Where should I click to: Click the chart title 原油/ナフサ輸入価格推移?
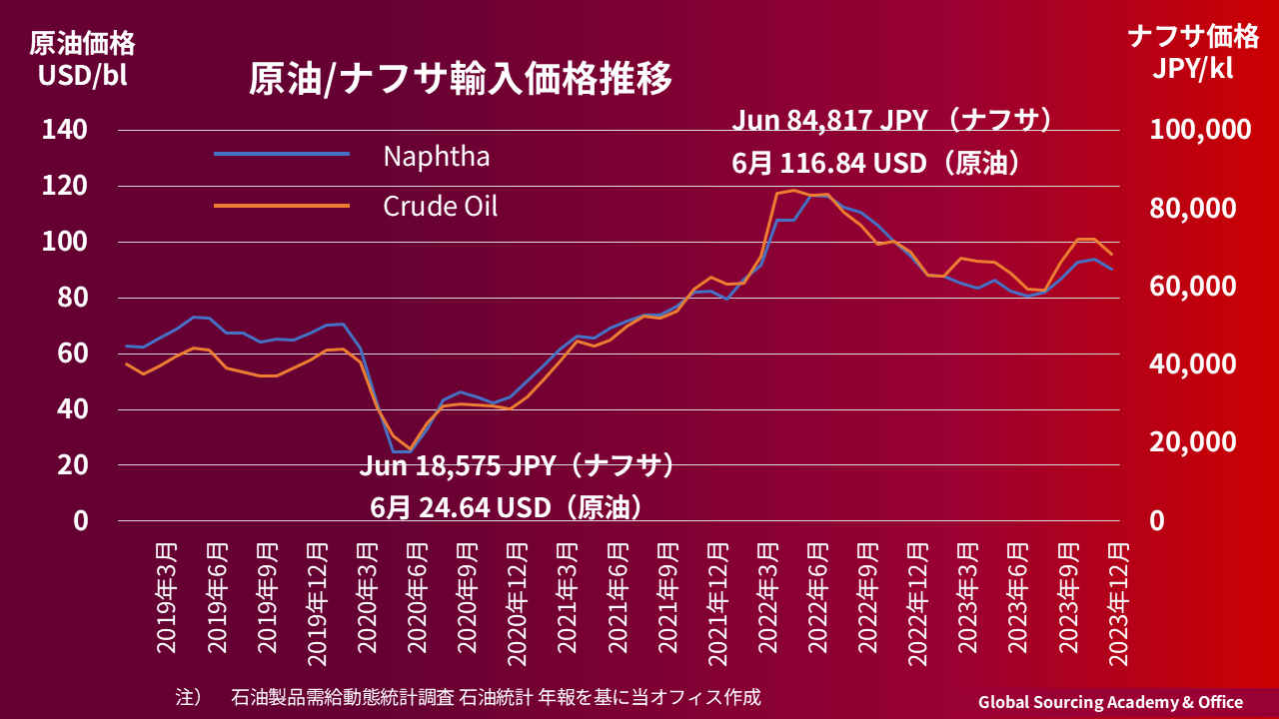point(461,79)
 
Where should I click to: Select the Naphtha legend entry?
point(436,156)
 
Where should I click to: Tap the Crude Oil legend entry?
point(440,207)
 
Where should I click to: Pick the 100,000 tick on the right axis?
point(1201,130)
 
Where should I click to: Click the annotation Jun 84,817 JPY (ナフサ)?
point(893,122)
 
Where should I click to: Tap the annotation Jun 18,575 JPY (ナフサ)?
point(518,466)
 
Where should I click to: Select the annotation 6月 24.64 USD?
point(506,507)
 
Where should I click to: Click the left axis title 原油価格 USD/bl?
point(82,59)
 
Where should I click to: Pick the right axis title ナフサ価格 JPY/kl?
point(1193,53)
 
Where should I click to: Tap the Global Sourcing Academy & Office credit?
point(1110,702)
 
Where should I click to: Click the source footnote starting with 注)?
point(468,696)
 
